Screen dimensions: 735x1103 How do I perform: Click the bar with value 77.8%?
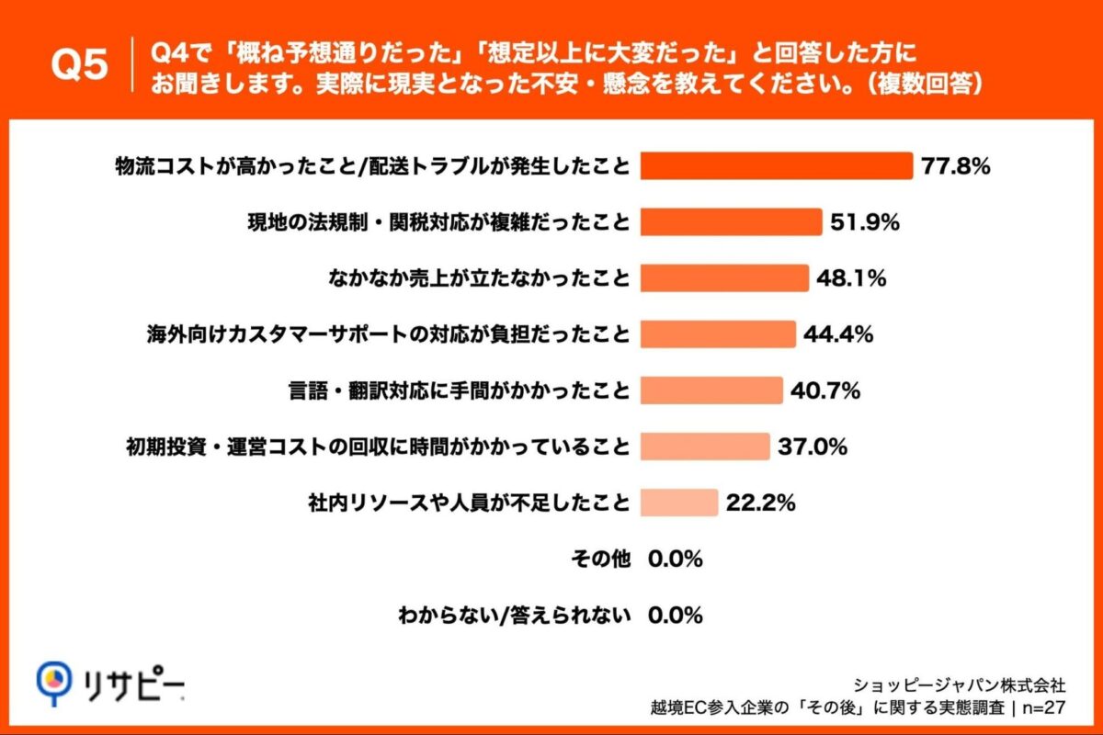[x=776, y=166]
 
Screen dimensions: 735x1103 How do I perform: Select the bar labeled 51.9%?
[x=731, y=222]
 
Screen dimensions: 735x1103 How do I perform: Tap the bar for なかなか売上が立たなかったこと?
[x=724, y=278]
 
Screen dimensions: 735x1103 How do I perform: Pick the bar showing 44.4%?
[x=718, y=334]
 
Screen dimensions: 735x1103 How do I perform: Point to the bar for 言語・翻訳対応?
[x=711, y=390]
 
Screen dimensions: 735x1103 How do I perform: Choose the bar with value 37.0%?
[x=705, y=447]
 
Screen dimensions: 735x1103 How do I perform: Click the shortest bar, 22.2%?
[x=679, y=503]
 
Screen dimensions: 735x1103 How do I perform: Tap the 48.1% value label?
[x=851, y=278]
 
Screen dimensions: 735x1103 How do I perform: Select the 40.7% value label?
[x=825, y=390]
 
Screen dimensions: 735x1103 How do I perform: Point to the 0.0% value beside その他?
[x=676, y=559]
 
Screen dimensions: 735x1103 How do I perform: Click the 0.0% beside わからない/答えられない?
[x=676, y=615]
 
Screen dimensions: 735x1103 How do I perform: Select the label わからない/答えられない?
[x=514, y=615]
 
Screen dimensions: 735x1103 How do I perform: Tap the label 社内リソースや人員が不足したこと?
[x=469, y=503]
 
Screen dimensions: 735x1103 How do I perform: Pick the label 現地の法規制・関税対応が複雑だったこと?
[x=439, y=222]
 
